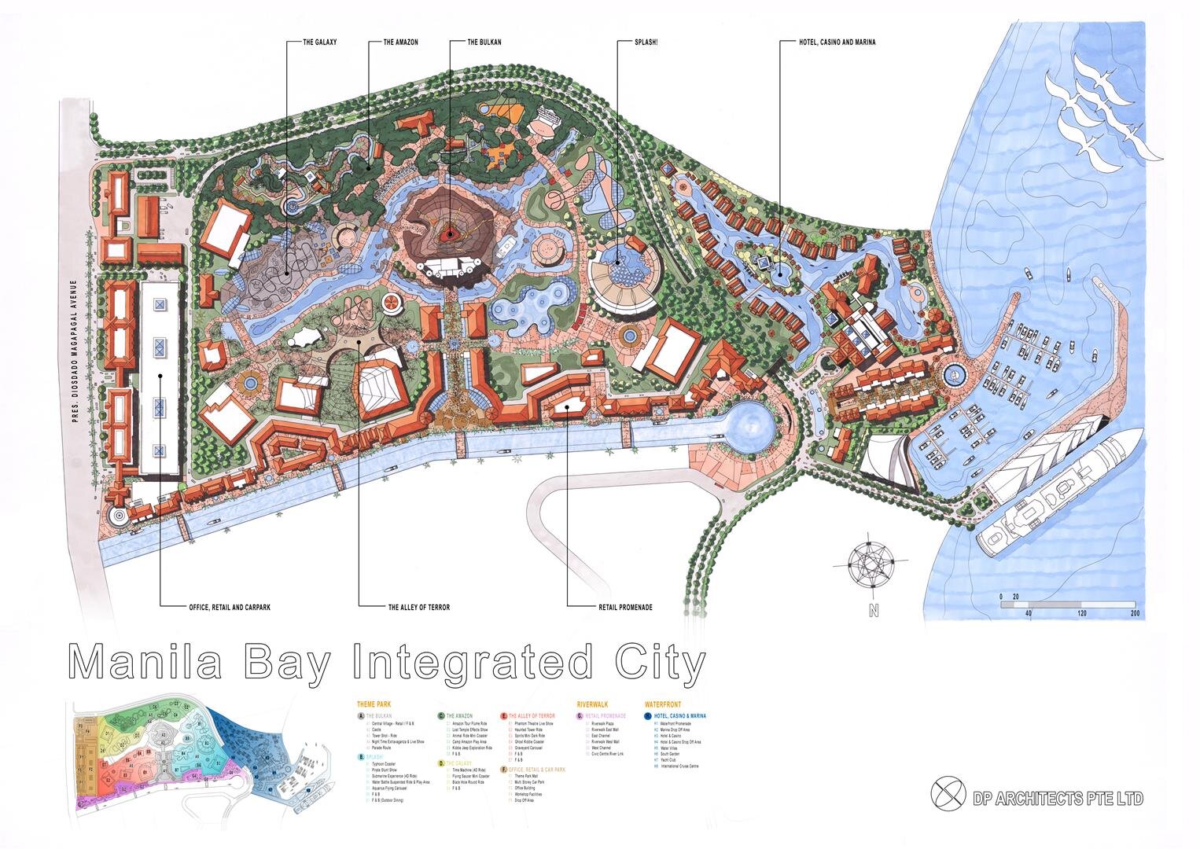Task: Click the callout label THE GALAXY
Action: coord(319,42)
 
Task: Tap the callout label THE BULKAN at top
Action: coord(484,42)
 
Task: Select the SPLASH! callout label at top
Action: coord(646,42)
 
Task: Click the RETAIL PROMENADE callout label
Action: coord(625,607)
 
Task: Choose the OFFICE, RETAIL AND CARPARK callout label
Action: coord(230,607)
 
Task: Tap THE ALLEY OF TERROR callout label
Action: coord(419,607)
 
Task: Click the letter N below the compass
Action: coord(873,612)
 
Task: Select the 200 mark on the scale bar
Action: coord(1134,613)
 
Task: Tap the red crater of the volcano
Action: coord(450,233)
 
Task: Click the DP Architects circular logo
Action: coord(948,793)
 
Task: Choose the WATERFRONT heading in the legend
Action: coord(662,705)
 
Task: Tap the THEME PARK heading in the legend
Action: coord(374,705)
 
